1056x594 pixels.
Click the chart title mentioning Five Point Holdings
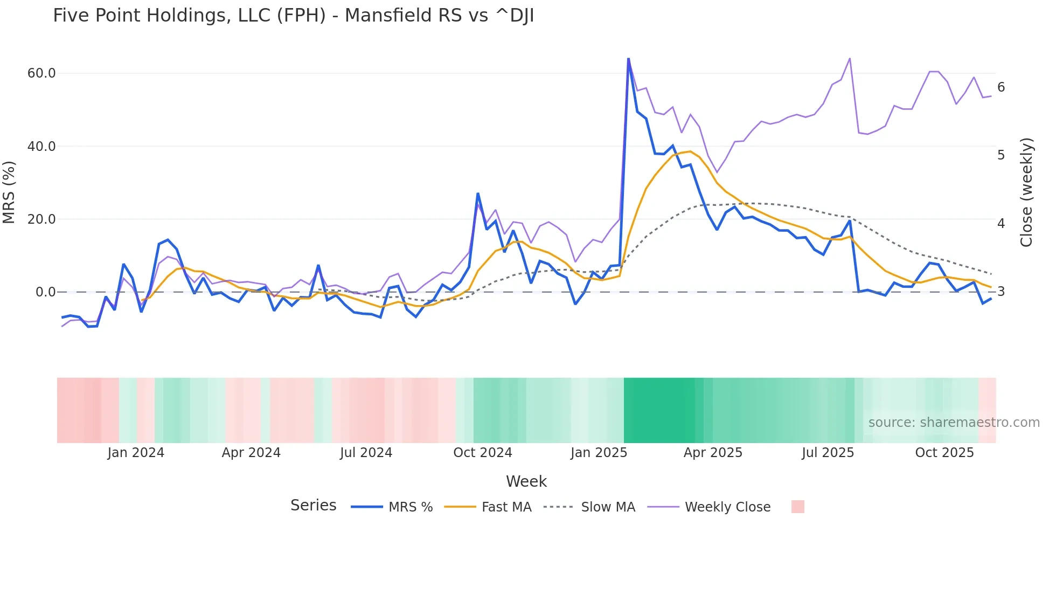[x=293, y=16]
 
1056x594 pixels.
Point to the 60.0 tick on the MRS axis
[x=41, y=73]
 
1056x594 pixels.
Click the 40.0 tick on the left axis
[x=41, y=147]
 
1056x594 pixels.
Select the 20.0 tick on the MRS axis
[x=41, y=219]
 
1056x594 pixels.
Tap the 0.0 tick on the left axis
[x=45, y=292]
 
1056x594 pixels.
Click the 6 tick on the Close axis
[x=1001, y=87]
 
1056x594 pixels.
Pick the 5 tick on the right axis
[x=1001, y=155]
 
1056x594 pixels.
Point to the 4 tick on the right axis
[x=1001, y=223]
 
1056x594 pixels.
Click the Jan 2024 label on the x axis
[x=136, y=453]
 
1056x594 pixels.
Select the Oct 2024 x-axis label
[x=483, y=453]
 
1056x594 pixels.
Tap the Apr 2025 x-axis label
[x=713, y=453]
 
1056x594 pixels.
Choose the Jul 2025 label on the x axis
[x=828, y=453]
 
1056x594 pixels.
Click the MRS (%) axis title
[x=9, y=192]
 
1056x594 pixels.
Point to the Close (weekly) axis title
[x=1026, y=192]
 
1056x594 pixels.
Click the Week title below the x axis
[x=526, y=481]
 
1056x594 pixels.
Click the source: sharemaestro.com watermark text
[x=954, y=423]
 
